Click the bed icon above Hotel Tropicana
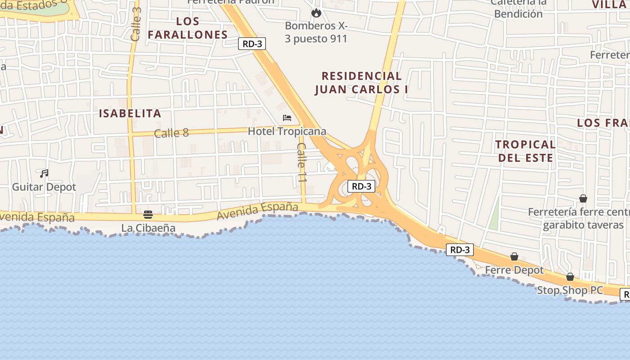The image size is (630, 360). click(x=287, y=118)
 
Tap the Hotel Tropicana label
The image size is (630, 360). click(x=287, y=131)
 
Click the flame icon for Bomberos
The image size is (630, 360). click(x=316, y=13)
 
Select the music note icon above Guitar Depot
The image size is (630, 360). click(x=44, y=173)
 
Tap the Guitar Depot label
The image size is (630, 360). click(x=44, y=187)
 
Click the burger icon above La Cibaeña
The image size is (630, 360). click(x=148, y=214)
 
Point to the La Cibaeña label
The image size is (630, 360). click(x=148, y=228)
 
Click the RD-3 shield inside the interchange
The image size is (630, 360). click(x=361, y=186)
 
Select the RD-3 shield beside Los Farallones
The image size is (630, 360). click(x=252, y=44)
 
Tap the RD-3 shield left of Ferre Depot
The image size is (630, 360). click(x=460, y=250)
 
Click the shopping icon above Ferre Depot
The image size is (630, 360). click(x=514, y=256)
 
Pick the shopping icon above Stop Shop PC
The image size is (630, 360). click(x=570, y=277)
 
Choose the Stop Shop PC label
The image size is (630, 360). click(x=570, y=290)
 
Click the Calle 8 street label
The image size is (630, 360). click(x=171, y=133)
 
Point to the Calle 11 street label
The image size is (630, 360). click(x=302, y=162)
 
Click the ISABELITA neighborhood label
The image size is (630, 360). click(x=130, y=113)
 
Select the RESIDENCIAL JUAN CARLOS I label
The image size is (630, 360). click(x=361, y=83)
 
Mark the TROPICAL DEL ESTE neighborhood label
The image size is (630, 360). click(x=526, y=151)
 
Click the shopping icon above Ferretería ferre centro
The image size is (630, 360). click(x=583, y=198)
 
